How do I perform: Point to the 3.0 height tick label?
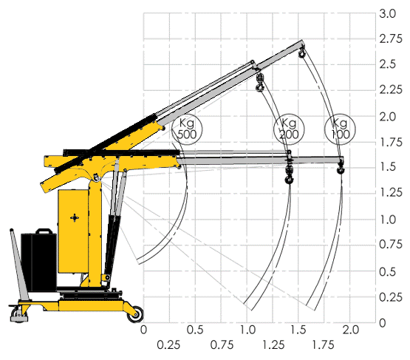click(x=388, y=13)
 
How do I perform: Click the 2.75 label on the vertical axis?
click(x=391, y=38)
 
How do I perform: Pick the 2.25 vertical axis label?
click(x=391, y=89)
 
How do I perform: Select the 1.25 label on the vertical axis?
click(x=391, y=192)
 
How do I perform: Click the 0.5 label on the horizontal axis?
click(x=195, y=330)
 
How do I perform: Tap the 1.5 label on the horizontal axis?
click(x=298, y=330)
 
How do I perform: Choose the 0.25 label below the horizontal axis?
click(x=168, y=345)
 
